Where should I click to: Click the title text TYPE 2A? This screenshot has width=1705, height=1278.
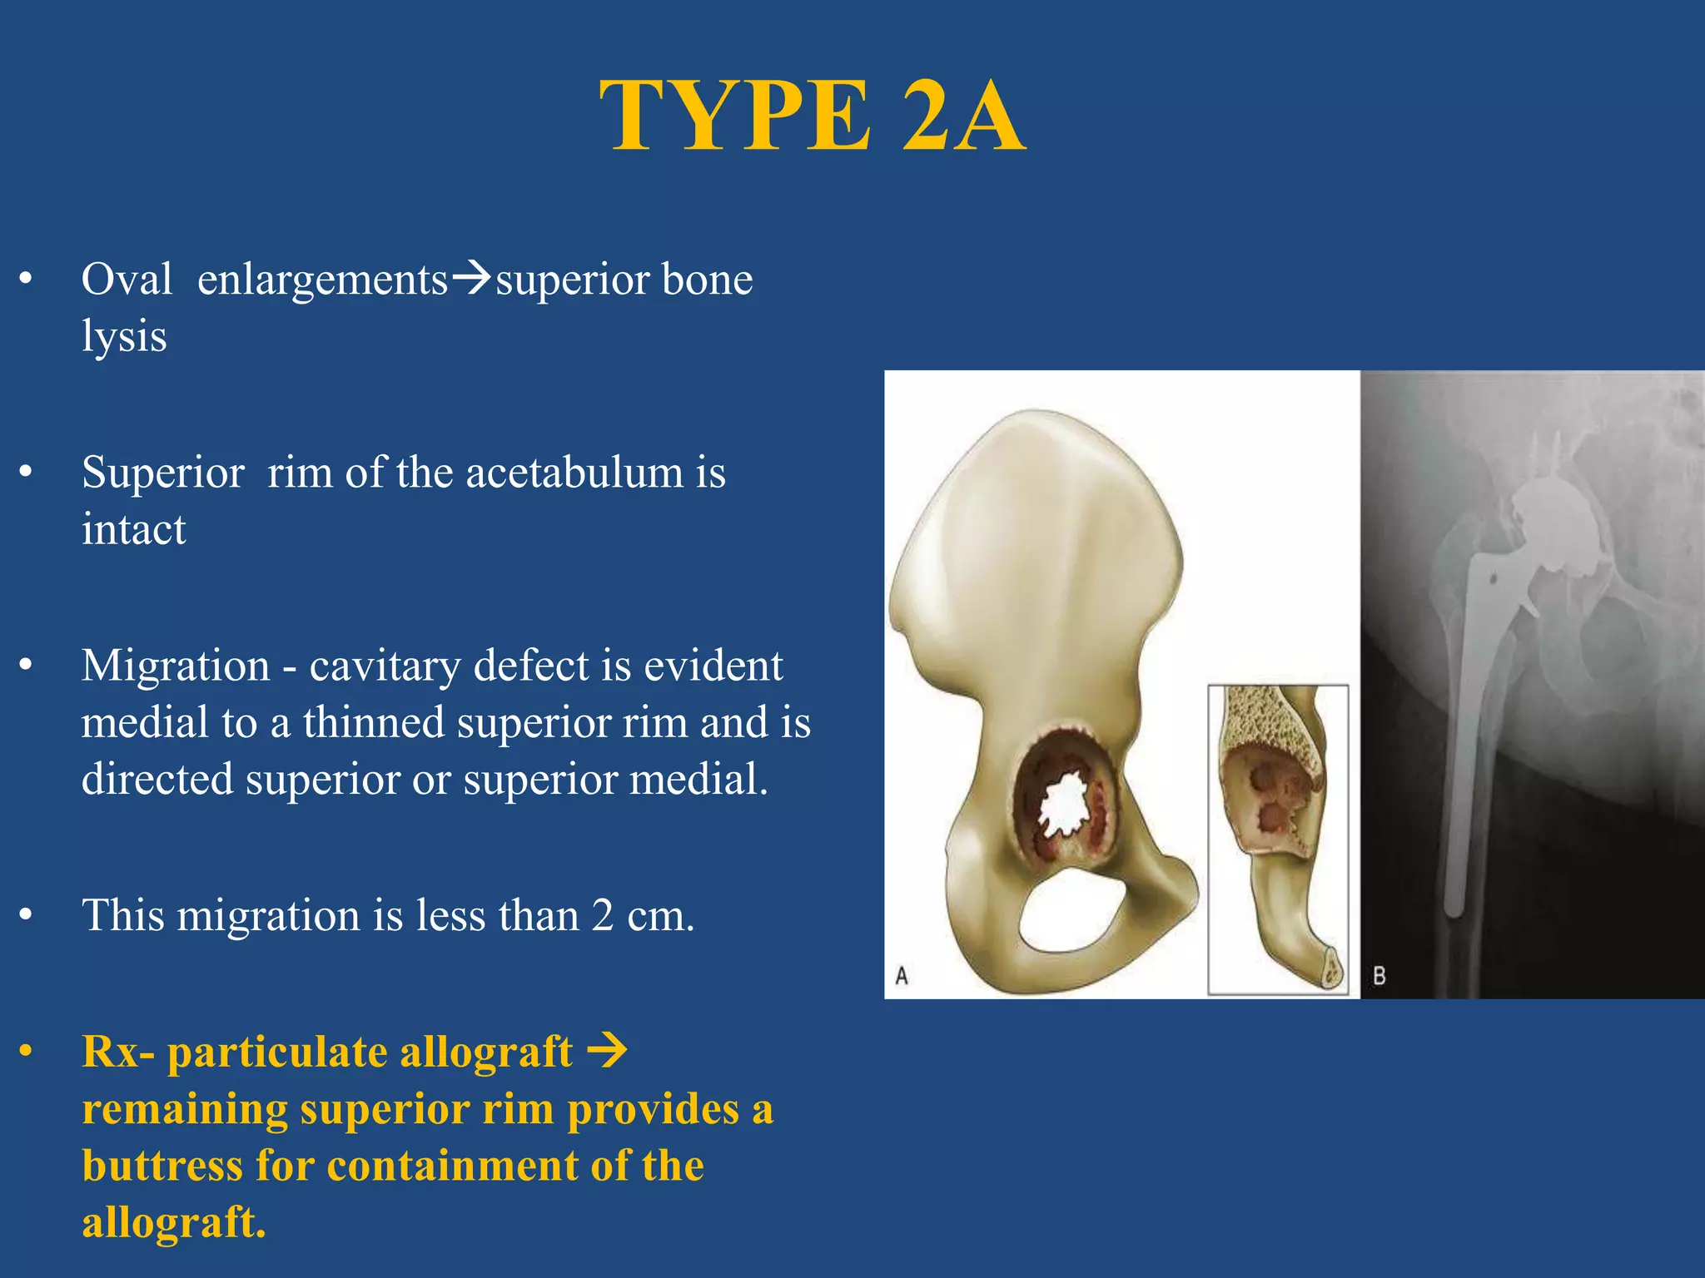tap(812, 116)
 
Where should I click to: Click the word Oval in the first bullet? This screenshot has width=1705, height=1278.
tap(127, 279)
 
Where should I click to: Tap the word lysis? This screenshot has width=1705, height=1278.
tap(124, 337)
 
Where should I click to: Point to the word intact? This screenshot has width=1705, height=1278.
tap(133, 530)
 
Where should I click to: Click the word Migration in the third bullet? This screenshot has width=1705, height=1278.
tap(176, 666)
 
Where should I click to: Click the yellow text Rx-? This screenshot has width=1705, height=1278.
tap(118, 1052)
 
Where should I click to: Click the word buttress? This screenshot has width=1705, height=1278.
tap(162, 1165)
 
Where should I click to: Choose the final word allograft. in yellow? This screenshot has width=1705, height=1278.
tap(174, 1222)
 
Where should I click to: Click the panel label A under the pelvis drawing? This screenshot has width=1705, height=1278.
tap(901, 975)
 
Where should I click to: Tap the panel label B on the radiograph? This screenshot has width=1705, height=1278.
tap(1379, 975)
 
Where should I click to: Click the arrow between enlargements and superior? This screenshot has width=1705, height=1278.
tap(472, 277)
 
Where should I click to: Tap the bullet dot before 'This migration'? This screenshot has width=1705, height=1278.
tap(27, 916)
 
